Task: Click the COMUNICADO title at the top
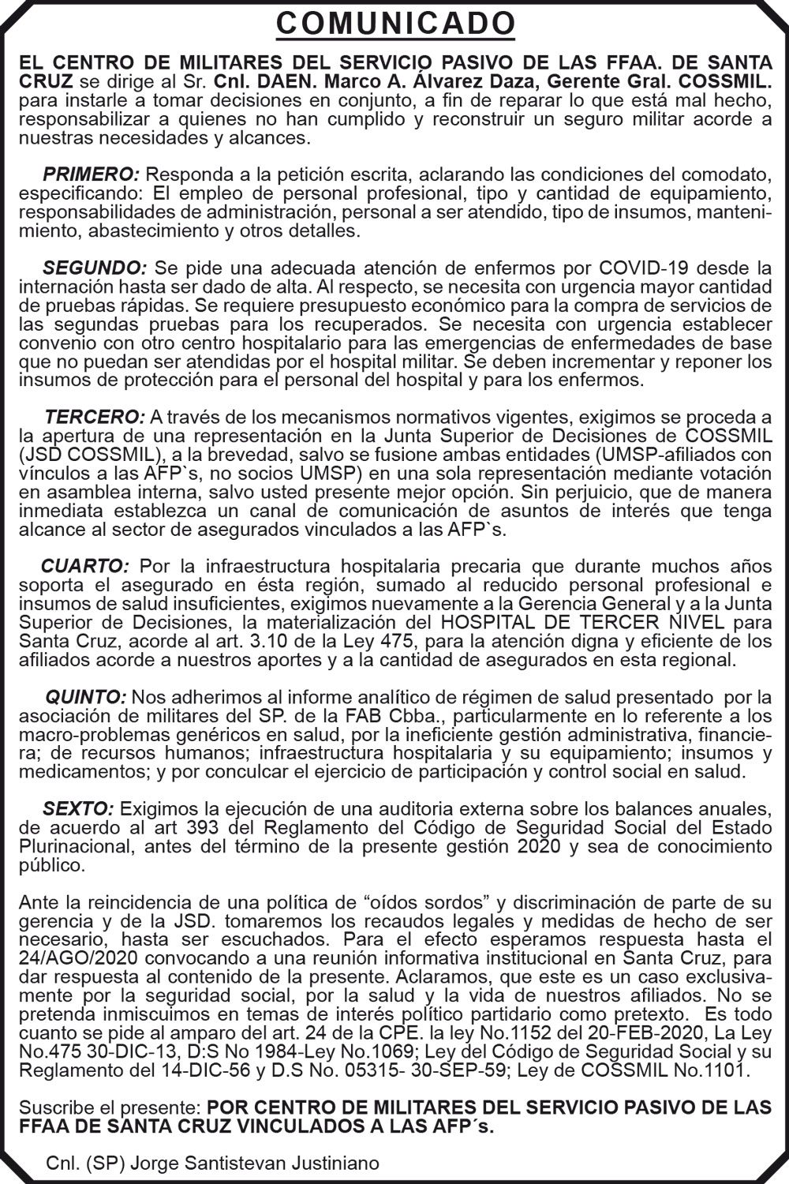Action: coord(394,24)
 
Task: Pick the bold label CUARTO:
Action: coord(85,566)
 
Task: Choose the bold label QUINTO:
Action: coord(86,697)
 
